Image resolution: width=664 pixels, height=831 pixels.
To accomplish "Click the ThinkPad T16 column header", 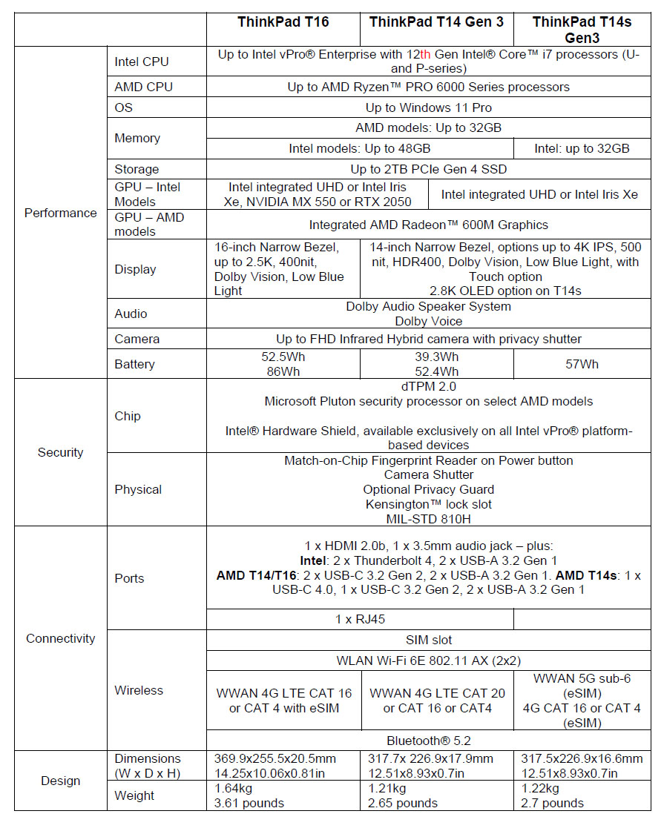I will point(283,22).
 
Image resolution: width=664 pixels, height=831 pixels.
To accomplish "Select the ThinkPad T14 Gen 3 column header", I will point(436,22).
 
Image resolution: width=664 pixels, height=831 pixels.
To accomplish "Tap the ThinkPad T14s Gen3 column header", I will point(582,30).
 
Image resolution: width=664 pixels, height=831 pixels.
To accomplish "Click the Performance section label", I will point(61,213).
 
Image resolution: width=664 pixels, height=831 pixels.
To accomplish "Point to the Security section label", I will point(61,452).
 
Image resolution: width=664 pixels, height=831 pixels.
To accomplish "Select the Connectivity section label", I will point(61,638).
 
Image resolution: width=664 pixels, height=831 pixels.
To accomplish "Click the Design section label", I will point(61,781).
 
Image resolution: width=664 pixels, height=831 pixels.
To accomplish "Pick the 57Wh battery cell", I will point(582,364).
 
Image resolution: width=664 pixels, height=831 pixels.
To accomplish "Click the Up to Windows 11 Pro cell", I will point(428,107).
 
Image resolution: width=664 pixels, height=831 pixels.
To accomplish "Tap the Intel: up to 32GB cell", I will point(582,148).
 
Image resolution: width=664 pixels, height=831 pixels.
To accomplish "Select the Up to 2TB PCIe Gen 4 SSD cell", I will point(428,169).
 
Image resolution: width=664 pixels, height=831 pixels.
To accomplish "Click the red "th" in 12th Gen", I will point(425,55).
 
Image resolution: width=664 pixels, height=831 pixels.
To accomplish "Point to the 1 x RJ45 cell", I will point(360,619).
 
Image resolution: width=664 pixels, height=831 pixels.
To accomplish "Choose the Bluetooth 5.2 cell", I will point(428,740).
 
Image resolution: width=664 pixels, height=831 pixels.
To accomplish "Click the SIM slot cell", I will point(428,640).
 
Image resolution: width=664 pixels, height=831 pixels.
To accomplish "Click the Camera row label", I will point(137,339).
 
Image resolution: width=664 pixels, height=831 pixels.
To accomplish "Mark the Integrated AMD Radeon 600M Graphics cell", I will point(428,225).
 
